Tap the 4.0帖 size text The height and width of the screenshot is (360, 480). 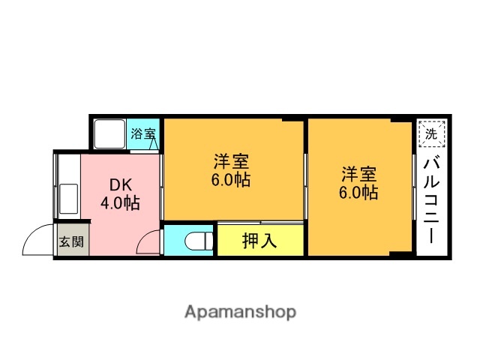[x=121, y=202]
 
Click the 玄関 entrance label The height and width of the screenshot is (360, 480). [x=72, y=242]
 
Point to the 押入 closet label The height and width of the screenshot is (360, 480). [x=259, y=241]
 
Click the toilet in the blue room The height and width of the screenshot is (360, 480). [x=196, y=241]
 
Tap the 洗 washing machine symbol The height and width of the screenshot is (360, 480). [x=430, y=134]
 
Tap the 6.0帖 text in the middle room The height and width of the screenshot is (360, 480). [x=231, y=180]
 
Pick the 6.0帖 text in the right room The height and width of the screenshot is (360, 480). [x=358, y=193]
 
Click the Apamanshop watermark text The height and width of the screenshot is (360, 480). [x=240, y=312]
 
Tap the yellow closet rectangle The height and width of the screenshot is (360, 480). [x=260, y=241]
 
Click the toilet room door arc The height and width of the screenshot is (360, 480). [x=149, y=241]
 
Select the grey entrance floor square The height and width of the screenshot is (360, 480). [x=72, y=241]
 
